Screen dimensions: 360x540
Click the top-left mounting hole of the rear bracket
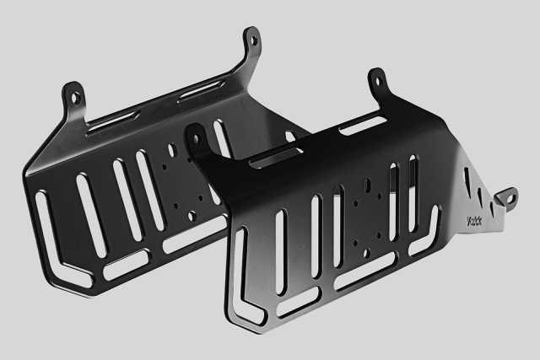[x=75, y=98]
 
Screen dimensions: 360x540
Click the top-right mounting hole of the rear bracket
[x=251, y=39]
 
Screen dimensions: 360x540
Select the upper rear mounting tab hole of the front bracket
[x=377, y=83]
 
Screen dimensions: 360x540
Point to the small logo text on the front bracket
[x=478, y=223]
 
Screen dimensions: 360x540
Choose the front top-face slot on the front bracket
[x=278, y=156]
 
